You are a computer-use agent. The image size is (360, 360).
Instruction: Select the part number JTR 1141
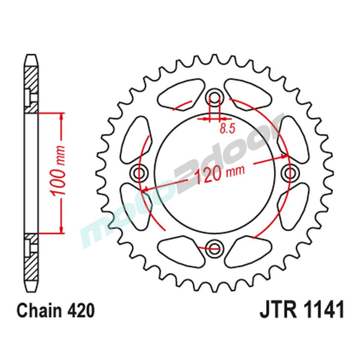coord(302,310)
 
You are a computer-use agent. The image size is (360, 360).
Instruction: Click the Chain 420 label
coord(56,310)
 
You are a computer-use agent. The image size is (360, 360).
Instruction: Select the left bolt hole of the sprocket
coord(140,172)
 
